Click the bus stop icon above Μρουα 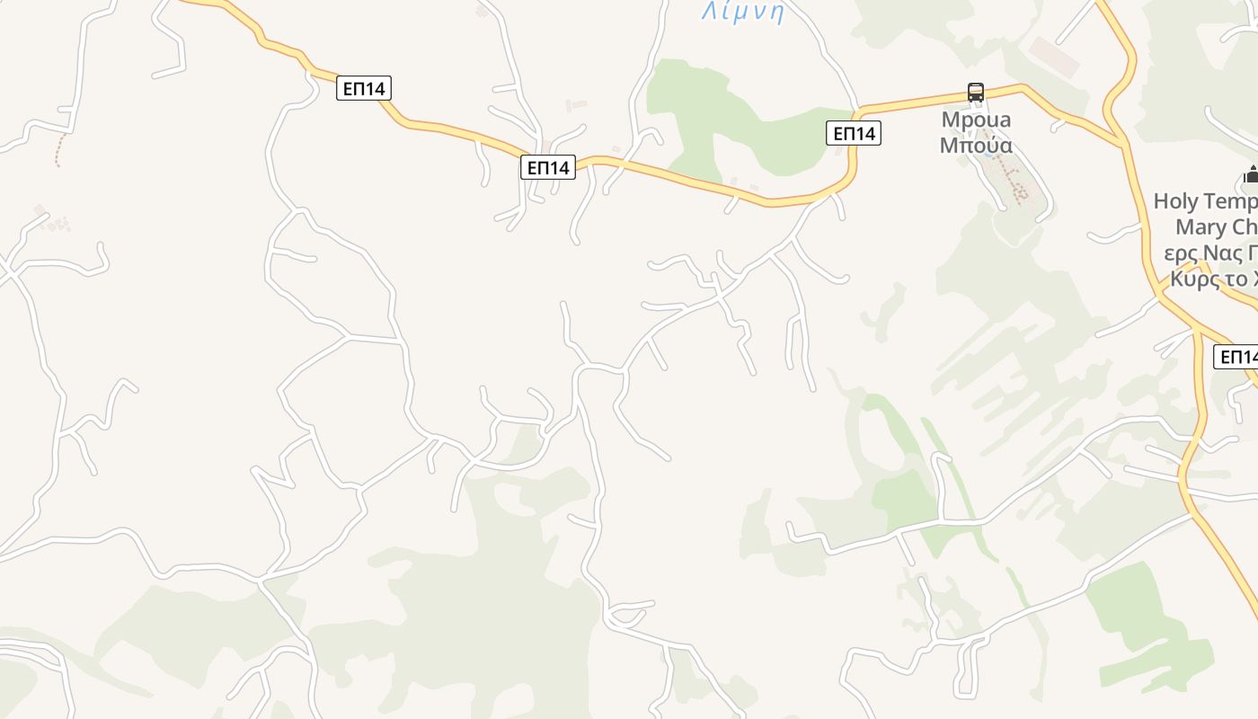point(976,92)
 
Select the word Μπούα point(976,145)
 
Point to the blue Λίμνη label point(743,12)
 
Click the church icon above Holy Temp point(1251,174)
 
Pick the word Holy point(1176,200)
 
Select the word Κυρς point(1195,279)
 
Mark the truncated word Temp point(1231,200)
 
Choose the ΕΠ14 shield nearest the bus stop point(854,134)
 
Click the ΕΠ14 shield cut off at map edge point(1237,357)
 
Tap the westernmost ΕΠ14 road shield point(363,88)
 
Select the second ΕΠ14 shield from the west point(547,167)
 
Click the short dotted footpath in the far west point(59,150)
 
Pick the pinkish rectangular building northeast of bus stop point(1054,57)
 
